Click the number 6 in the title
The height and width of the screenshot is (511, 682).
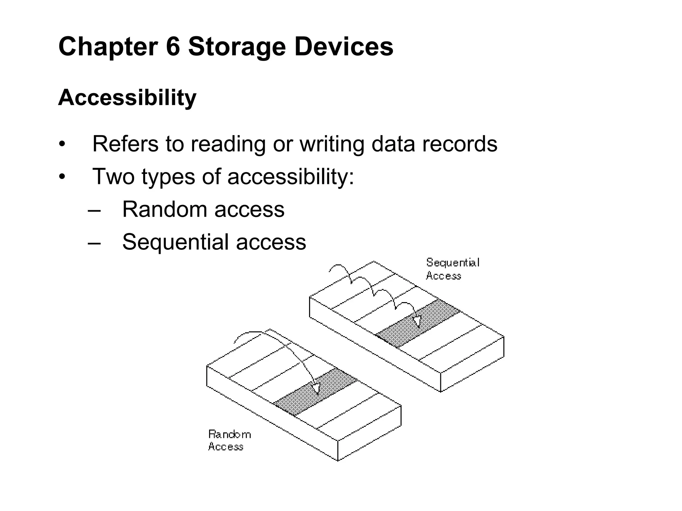click(x=173, y=47)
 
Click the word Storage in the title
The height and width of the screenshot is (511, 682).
click(x=237, y=47)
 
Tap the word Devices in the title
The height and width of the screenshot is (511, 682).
click(x=344, y=47)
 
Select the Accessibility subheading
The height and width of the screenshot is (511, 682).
click(x=127, y=97)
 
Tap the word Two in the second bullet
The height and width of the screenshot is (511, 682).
click(x=113, y=176)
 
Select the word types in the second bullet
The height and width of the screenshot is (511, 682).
click(x=168, y=177)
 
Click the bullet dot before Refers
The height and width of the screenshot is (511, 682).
click(x=62, y=144)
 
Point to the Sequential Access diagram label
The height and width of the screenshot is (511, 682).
click(x=452, y=269)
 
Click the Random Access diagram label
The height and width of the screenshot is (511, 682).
click(x=229, y=440)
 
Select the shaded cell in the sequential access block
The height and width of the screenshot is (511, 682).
click(x=418, y=323)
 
